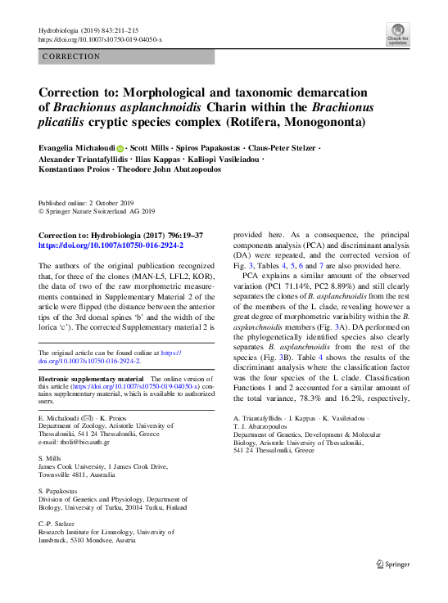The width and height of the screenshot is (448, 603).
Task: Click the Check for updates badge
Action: [397, 35]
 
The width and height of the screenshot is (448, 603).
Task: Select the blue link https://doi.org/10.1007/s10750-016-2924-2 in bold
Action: [111, 245]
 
